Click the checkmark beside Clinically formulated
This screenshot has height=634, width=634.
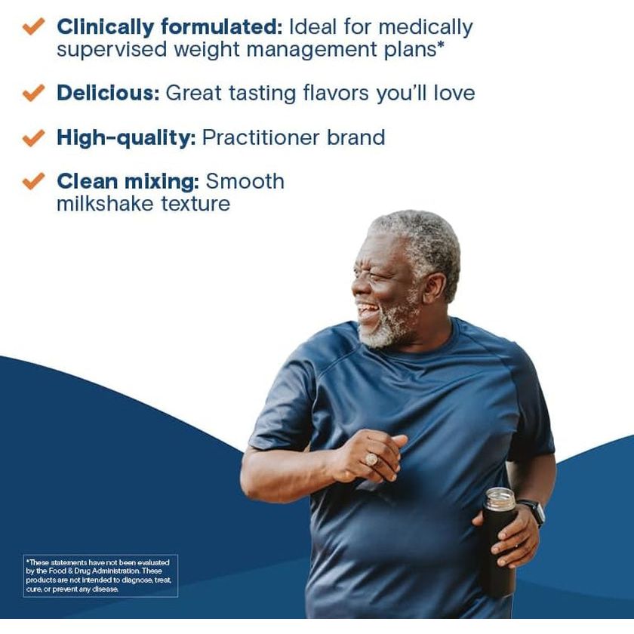33,27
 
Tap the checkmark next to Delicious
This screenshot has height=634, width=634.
33,94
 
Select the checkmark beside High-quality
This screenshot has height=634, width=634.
33,138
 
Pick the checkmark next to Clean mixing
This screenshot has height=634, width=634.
33,182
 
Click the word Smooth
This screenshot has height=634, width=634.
245,182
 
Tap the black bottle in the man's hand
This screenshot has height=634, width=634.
498,551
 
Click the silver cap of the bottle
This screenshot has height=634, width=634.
500,499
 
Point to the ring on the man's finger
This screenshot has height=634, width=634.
372,459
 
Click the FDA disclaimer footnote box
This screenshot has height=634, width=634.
100,576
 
